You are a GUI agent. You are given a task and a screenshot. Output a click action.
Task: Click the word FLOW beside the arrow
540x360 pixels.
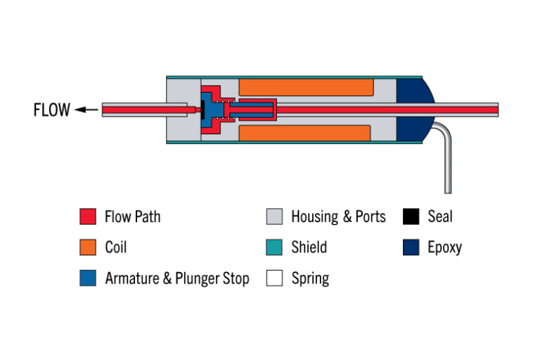[51, 110]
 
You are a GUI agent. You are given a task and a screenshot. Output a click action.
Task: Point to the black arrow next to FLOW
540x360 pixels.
[86, 110]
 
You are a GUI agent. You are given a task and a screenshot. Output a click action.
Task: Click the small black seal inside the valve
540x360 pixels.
[202, 110]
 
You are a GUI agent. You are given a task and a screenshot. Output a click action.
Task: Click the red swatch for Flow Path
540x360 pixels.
[87, 217]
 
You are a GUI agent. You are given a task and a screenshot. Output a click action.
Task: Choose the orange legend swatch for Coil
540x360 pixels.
[87, 247]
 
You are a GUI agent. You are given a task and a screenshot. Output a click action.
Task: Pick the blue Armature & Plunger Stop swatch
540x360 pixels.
[87, 278]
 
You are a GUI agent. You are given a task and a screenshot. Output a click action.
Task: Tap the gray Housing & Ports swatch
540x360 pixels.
[274, 217]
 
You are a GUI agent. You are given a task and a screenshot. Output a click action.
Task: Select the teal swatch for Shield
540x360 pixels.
[274, 247]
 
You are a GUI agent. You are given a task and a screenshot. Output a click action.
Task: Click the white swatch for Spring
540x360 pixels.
[274, 278]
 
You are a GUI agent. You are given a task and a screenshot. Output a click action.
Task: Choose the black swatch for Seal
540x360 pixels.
[411, 217]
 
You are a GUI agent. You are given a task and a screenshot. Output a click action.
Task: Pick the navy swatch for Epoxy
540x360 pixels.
[411, 247]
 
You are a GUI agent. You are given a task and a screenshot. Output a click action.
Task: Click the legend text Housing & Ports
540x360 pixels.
[338, 217]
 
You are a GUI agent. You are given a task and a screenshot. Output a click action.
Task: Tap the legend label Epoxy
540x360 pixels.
[444, 247]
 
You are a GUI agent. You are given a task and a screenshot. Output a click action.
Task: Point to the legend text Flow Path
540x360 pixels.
[132, 217]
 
